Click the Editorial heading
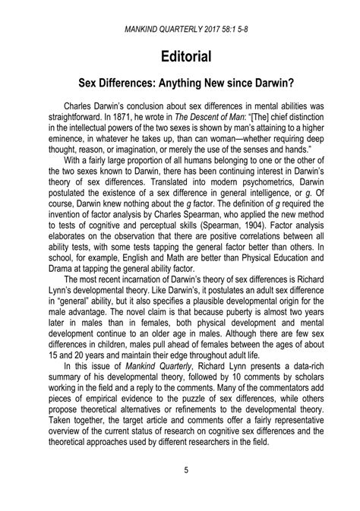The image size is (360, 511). tap(180, 56)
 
